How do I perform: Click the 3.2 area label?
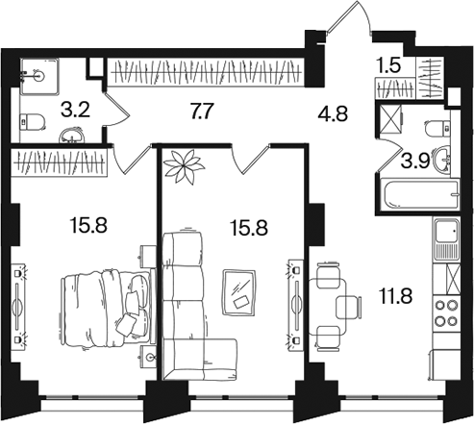pos(75,111)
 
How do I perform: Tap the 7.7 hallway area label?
pos(202,112)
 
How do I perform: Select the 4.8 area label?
pos(333,114)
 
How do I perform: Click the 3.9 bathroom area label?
pos(415,162)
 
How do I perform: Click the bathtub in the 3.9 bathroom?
pos(419,194)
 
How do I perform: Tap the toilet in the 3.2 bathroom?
pos(32,122)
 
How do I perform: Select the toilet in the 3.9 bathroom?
pos(437,129)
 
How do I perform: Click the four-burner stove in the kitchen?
pos(446,312)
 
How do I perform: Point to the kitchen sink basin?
pos(446,231)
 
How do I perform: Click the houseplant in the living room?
pos(184,166)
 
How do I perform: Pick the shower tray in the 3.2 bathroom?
pos(39,76)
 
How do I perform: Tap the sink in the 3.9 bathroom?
pos(442,159)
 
